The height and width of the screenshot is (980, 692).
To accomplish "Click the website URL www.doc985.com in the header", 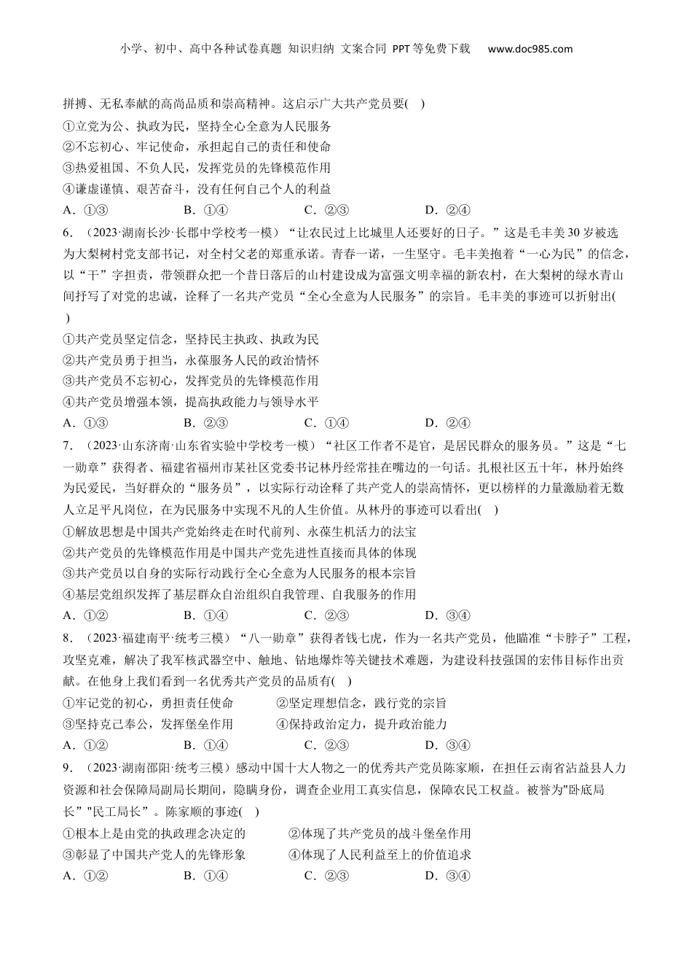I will pos(530,50).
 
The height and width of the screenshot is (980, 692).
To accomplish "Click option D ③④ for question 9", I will pos(447,876).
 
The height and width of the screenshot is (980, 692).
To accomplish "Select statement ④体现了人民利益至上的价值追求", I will pos(380,855).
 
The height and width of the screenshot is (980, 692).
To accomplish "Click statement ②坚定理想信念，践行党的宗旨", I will pos(361,704).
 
